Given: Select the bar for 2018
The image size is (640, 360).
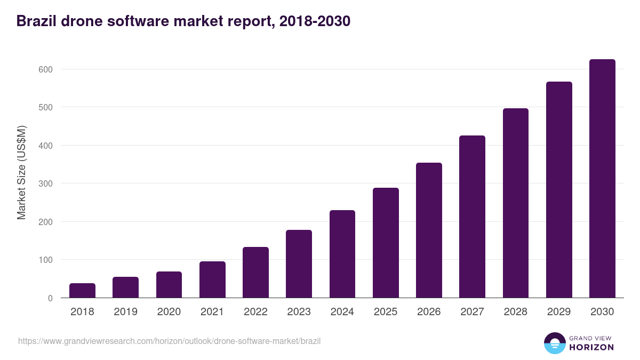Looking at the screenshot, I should pyautogui.click(x=82, y=291).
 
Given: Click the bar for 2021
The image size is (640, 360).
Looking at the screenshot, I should pyautogui.click(x=212, y=279).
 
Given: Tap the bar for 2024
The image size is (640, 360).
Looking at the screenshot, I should pyautogui.click(x=342, y=254).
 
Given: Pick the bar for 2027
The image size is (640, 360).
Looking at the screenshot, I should pyautogui.click(x=473, y=217).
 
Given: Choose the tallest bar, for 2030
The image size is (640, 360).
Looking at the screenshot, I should pyautogui.click(x=602, y=179).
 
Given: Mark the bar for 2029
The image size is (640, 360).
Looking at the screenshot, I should pyautogui.click(x=559, y=190).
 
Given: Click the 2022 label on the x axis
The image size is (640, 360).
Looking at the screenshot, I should pyautogui.click(x=255, y=312).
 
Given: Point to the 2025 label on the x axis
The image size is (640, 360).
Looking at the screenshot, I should pyautogui.click(x=386, y=312).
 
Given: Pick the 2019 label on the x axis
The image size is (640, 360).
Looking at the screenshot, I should pyautogui.click(x=125, y=312).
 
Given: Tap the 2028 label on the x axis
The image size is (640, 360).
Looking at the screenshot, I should pyautogui.click(x=516, y=312).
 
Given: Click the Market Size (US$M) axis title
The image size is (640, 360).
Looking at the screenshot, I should pyautogui.click(x=21, y=173).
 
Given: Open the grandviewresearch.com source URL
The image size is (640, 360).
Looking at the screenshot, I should pyautogui.click(x=169, y=341).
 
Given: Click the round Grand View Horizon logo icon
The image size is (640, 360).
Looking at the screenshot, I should pyautogui.click(x=554, y=343).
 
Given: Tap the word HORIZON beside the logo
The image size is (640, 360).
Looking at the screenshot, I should pyautogui.click(x=591, y=347).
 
